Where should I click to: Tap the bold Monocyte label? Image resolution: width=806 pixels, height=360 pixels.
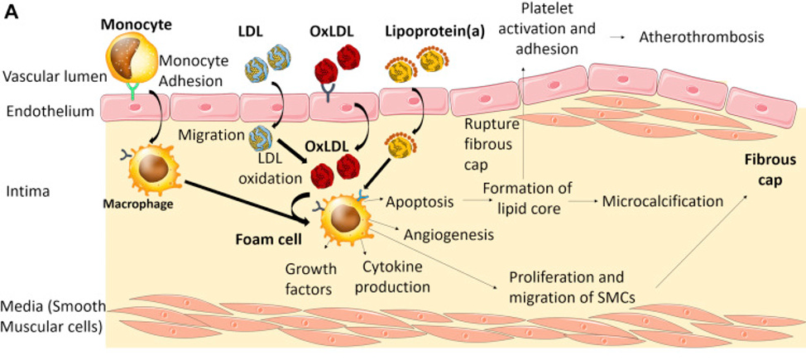136,23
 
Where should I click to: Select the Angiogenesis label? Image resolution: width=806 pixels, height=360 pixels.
449,234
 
